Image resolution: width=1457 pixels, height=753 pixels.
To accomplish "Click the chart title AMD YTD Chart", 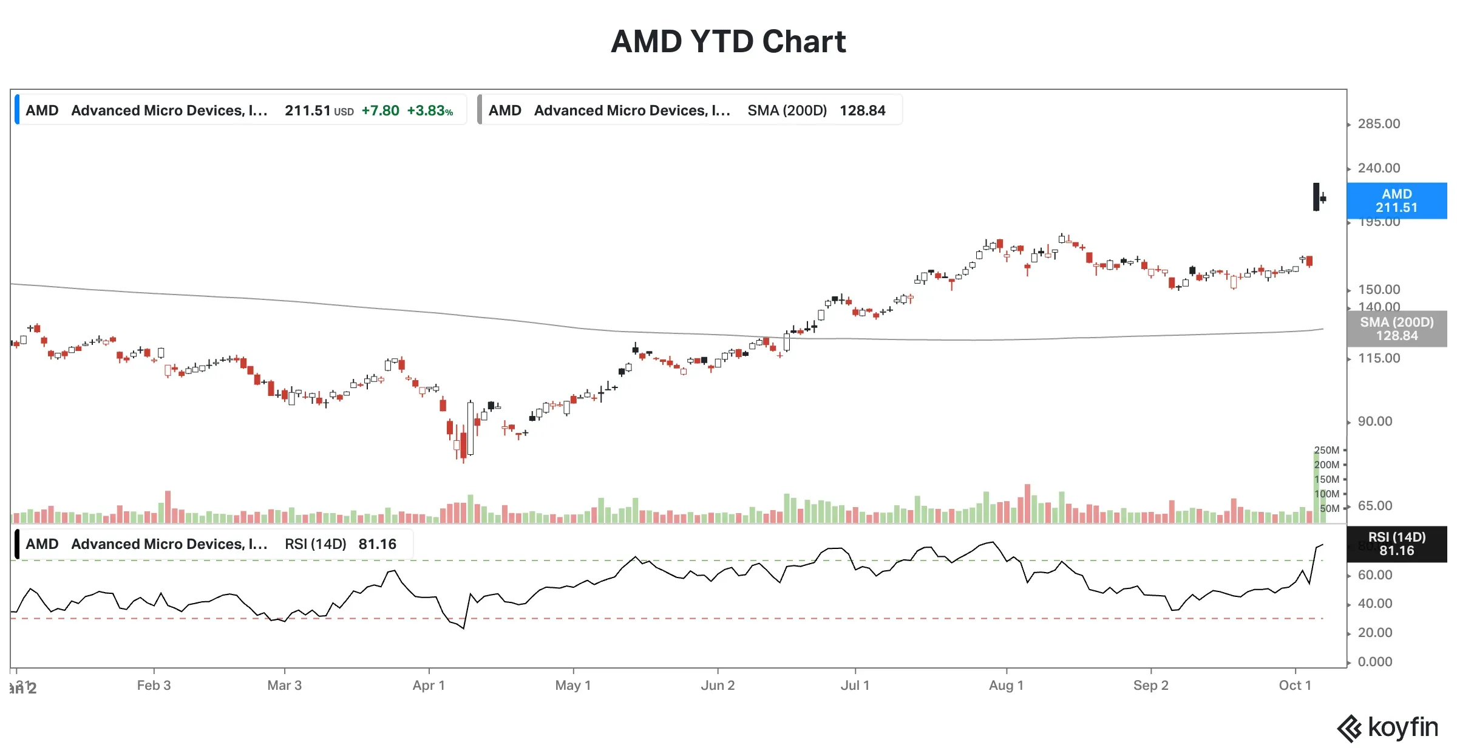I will [728, 42].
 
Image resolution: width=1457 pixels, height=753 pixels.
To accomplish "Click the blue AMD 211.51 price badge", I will [1396, 201].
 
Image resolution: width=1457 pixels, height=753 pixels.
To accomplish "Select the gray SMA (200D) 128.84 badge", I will [1396, 329].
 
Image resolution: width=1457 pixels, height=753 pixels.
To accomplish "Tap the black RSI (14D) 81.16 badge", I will [1396, 544].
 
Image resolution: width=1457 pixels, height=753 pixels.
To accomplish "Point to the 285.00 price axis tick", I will [1379, 124].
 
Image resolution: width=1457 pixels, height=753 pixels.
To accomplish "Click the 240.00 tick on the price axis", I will [1379, 168].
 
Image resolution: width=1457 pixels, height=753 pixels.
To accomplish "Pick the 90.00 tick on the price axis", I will [1375, 421].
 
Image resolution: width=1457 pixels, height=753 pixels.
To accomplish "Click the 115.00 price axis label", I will [1379, 358].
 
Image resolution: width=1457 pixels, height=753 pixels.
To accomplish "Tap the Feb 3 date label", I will [154, 686].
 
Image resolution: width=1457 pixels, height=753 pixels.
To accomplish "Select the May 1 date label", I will [572, 686].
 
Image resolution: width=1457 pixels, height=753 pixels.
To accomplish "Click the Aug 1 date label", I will [1006, 686].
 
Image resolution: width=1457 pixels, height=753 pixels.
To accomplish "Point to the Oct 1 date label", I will [1295, 686].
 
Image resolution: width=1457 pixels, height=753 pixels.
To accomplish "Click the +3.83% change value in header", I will [430, 111].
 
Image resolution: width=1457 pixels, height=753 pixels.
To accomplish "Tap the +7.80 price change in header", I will [380, 111].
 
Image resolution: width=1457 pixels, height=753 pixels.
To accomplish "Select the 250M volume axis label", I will [1326, 451].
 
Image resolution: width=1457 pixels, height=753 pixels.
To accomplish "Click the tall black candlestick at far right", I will [1316, 197].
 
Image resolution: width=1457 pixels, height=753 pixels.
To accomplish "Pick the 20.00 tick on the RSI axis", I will [1375, 633].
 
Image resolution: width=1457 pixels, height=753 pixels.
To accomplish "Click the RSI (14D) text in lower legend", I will [315, 544].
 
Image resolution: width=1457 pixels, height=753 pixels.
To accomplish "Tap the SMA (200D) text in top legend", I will [787, 111].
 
